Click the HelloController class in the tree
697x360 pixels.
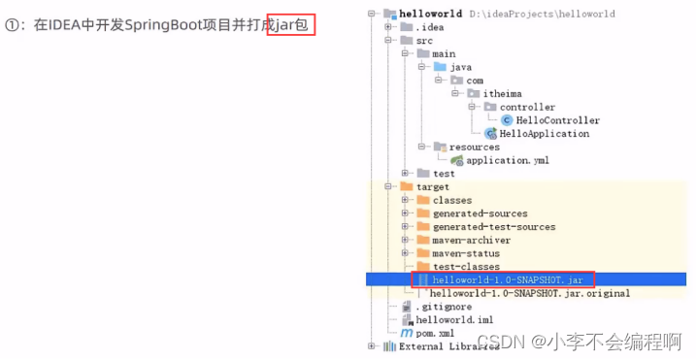click(557, 120)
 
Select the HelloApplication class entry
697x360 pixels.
click(544, 134)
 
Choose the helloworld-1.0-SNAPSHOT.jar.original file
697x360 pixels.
click(529, 293)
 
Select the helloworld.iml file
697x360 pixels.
click(448, 319)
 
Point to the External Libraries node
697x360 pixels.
click(441, 346)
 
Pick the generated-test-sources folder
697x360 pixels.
click(494, 226)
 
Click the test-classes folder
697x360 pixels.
click(466, 266)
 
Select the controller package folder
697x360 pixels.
click(527, 107)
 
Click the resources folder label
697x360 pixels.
click(474, 147)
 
